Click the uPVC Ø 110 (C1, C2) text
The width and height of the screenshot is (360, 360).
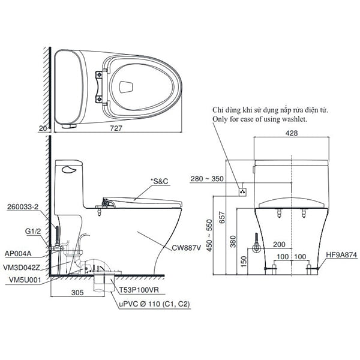[x=155, y=304]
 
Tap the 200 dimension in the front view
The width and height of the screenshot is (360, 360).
[x=280, y=245]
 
